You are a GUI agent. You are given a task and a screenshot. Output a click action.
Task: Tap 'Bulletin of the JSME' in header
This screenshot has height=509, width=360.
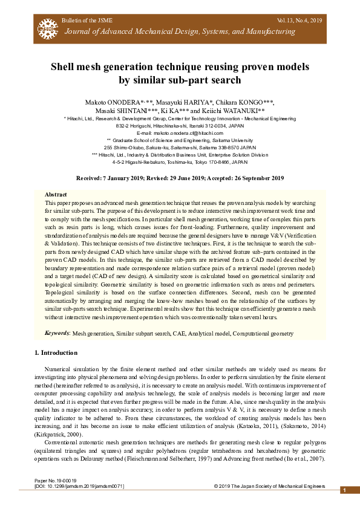86,21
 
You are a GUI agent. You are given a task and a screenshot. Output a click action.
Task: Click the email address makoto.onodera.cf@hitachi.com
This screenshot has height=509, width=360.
180,132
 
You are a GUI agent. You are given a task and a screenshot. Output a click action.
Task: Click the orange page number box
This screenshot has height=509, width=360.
343,490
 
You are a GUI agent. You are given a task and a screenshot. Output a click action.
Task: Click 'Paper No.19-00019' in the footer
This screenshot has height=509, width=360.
56,481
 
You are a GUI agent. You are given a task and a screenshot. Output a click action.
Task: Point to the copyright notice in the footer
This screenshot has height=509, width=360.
269,486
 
